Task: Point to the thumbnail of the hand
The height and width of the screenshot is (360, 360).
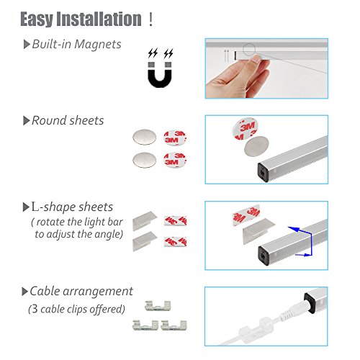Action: click(x=266, y=68)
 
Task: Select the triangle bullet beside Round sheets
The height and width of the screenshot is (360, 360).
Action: click(x=27, y=120)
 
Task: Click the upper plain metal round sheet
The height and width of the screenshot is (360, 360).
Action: click(x=144, y=137)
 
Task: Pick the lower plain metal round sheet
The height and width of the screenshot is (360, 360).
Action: click(x=144, y=160)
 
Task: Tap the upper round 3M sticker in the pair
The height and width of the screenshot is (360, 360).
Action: click(x=175, y=138)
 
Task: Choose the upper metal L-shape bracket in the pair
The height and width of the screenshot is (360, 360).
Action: click(x=145, y=220)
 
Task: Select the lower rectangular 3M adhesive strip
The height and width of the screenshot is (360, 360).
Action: click(x=176, y=242)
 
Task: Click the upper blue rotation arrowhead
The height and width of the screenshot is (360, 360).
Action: click(x=294, y=229)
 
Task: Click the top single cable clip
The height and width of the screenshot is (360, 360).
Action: click(x=158, y=306)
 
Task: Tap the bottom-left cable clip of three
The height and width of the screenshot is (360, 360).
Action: click(x=145, y=325)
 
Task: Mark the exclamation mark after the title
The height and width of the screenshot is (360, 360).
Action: click(x=150, y=19)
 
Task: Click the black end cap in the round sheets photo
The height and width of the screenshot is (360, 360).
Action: click(x=263, y=172)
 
